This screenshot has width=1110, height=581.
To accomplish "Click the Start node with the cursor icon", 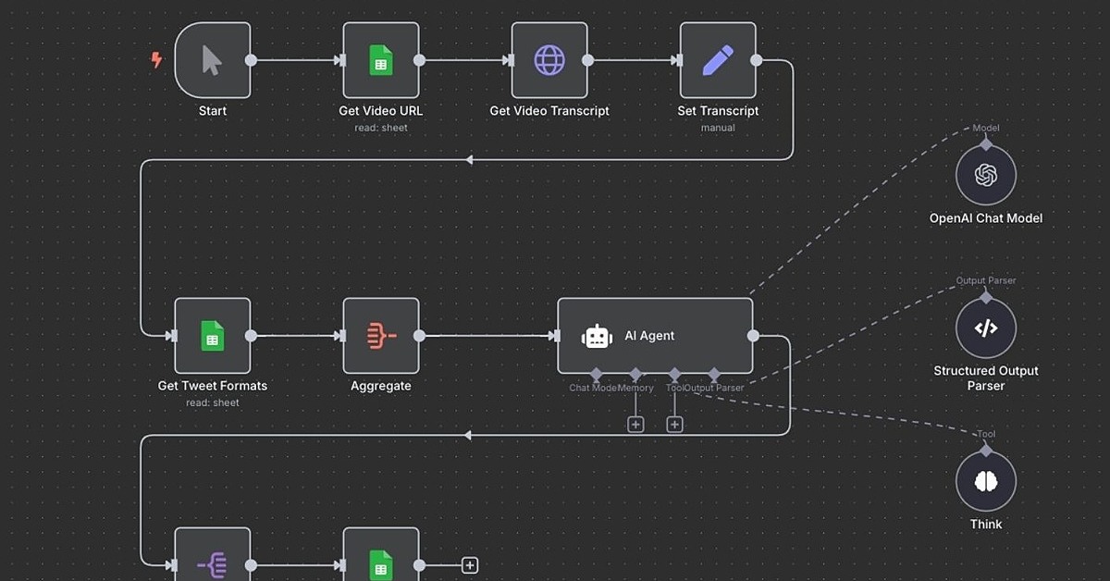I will point(212,61).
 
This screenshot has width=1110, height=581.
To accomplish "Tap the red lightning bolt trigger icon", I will point(156,60).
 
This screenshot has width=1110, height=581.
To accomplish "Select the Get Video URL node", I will point(380,61).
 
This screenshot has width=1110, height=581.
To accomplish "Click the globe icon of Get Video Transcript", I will point(549,61).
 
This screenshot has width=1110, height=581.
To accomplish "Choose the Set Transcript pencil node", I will point(718,61).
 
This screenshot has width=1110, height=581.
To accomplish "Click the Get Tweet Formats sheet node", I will point(212,336).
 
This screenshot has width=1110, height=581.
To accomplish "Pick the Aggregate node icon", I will point(380,336).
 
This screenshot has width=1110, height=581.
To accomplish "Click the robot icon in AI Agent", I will point(597,337).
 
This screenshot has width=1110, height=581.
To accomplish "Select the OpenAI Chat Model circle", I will point(986,175).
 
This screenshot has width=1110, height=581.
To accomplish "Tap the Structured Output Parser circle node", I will point(986,328).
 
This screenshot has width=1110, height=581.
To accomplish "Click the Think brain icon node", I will point(986,481).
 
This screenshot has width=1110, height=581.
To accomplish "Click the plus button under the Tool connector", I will point(674,424).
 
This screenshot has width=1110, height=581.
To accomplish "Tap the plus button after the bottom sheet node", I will point(470,565).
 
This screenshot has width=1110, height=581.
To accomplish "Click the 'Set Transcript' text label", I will point(718,111).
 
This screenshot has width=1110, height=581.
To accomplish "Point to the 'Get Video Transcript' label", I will point(549,111).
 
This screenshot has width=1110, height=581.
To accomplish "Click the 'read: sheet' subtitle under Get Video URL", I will point(380,128).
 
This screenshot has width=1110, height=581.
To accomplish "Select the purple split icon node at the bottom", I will point(212,560).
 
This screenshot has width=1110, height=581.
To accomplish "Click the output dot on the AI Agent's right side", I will point(753,336).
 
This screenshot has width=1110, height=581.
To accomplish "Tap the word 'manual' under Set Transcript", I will point(718,128).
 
